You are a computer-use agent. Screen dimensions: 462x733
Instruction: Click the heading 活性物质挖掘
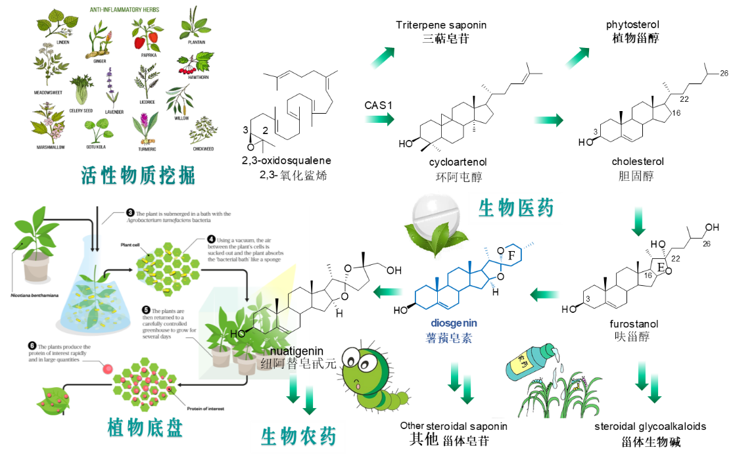click(x=138, y=176)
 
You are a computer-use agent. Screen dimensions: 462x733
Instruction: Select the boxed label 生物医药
click(x=515, y=209)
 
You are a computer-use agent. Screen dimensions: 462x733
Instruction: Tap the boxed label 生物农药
click(x=298, y=437)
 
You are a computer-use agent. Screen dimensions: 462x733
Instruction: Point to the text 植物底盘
click(x=145, y=428)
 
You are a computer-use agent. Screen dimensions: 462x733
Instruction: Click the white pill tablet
click(x=437, y=212)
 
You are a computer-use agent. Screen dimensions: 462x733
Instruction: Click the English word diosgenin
click(x=454, y=323)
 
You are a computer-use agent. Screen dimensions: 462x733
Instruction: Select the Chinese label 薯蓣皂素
click(x=449, y=338)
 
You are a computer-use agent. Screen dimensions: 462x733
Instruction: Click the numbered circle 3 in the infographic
click(x=130, y=213)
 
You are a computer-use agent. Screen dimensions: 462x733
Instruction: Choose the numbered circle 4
click(x=211, y=239)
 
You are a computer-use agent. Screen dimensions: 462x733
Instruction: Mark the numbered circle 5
click(x=146, y=310)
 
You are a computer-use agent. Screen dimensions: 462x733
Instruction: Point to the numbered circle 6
click(x=32, y=346)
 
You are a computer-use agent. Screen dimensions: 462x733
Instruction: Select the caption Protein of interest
click(x=206, y=408)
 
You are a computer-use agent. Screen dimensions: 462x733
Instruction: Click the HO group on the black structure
click(x=237, y=333)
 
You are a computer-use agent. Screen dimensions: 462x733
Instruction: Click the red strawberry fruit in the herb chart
click(x=139, y=42)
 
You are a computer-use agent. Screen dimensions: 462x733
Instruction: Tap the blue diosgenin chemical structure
click(x=470, y=276)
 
